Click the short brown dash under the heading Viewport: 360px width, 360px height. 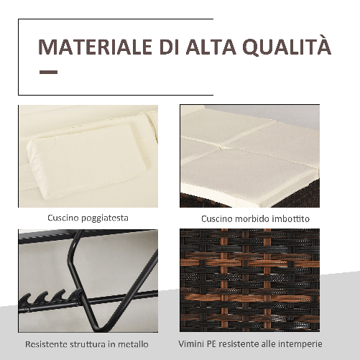pos(48,72)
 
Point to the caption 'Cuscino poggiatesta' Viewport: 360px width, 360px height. pos(88,218)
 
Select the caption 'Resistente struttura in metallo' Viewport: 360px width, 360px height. pos(88,343)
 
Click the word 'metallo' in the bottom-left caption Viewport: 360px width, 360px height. pos(137,343)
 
